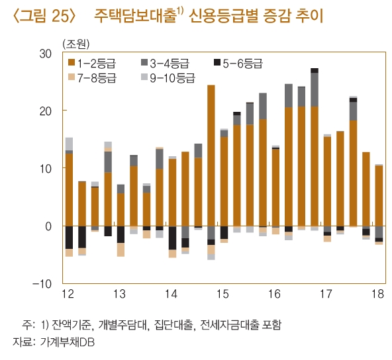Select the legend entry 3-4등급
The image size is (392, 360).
pyautogui.click(x=166, y=64)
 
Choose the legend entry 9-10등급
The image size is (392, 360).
pyautogui.click(x=168, y=77)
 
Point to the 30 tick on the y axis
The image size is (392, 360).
pyautogui.click(x=47, y=53)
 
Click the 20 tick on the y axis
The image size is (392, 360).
pyautogui.click(x=47, y=111)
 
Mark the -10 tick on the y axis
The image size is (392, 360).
pyautogui.click(x=43, y=283)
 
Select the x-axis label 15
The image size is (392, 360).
pyautogui.click(x=222, y=293)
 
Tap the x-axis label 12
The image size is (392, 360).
pyautogui.click(x=68, y=293)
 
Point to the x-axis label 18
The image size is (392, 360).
pyautogui.click(x=378, y=293)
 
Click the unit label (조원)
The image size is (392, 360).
pyautogui.click(x=75, y=44)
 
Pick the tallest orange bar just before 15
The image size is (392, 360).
pyautogui.click(x=211, y=156)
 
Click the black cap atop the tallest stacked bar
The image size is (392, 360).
pyautogui.click(x=315, y=70)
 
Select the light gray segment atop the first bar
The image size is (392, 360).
pyautogui.click(x=69, y=144)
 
